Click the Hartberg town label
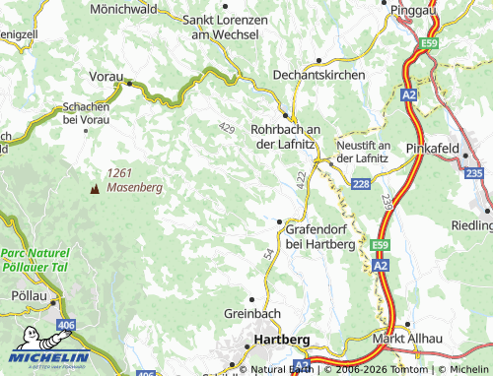click(282, 339)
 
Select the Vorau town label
click(106, 76)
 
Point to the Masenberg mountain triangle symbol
click(95, 187)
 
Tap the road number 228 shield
click(361, 184)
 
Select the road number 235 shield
click(473, 173)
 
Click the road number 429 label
click(228, 129)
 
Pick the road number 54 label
click(267, 254)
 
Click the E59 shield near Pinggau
click(427, 43)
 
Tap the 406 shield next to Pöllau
click(66, 324)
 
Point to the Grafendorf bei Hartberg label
click(319, 234)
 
